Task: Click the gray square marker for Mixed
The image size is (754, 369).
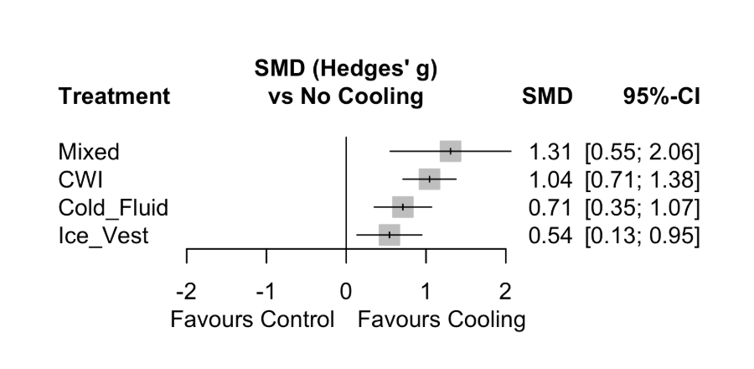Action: click(451, 151)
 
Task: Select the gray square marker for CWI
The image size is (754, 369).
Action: click(429, 179)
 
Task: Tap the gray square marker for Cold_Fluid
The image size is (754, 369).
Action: click(403, 206)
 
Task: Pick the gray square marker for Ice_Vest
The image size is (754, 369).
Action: click(390, 235)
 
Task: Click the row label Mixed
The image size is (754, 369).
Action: click(89, 152)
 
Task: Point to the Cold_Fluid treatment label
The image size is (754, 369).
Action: click(113, 207)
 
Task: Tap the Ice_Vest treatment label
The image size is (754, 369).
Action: click(103, 236)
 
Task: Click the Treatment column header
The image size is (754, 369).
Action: click(114, 96)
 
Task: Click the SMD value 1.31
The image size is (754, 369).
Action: click(550, 152)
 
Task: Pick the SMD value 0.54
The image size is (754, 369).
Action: click(550, 236)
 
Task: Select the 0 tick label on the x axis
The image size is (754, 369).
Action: click(346, 292)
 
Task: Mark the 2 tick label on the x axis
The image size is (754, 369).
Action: click(505, 292)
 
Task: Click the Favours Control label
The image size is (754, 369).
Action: click(252, 320)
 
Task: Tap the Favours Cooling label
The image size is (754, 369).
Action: click(442, 320)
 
